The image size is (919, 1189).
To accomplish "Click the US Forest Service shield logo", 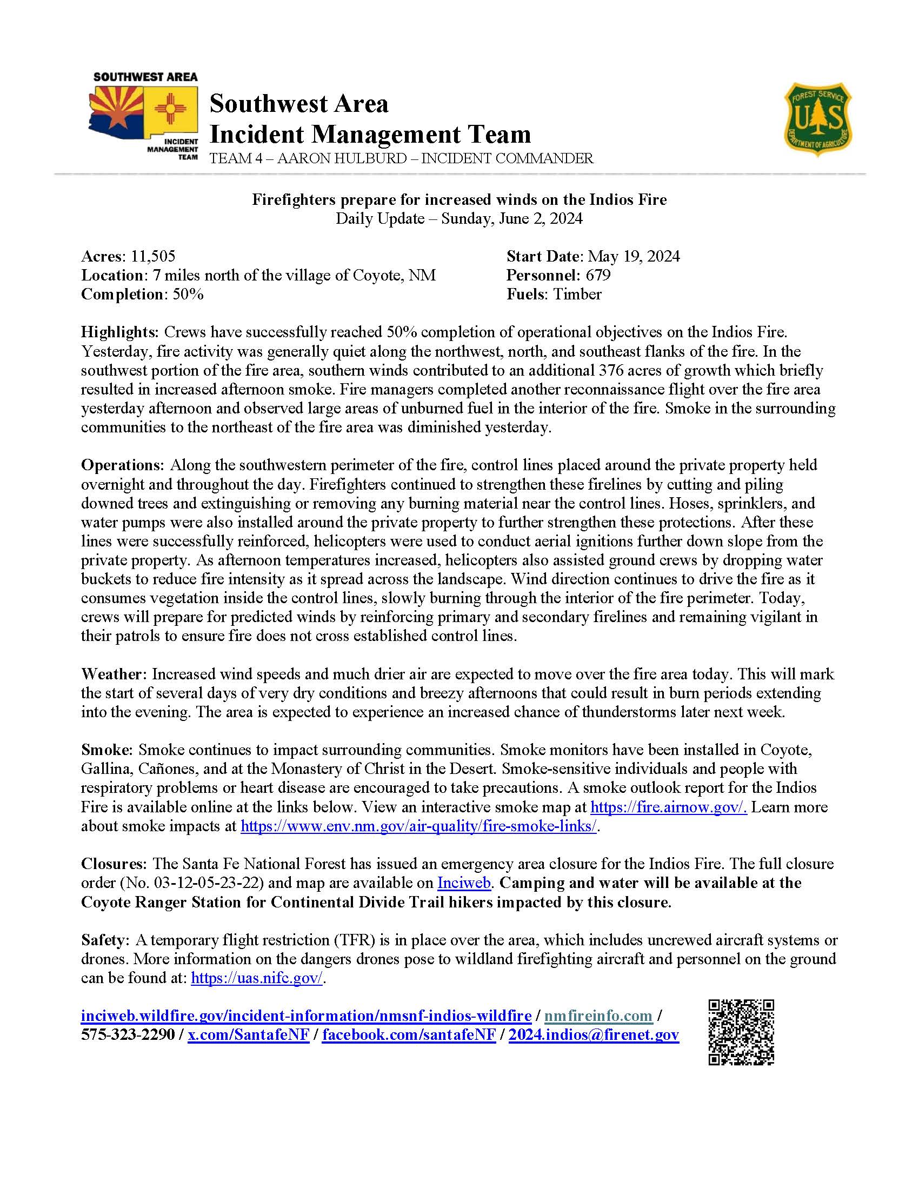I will [818, 119].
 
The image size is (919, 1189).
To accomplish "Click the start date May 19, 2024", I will [633, 256].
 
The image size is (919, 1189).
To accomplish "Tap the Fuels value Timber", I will [577, 295].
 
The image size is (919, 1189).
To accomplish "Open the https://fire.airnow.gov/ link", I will [668, 807].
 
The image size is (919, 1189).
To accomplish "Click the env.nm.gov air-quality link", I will [418, 826].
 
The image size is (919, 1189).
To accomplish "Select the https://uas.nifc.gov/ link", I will [257, 978].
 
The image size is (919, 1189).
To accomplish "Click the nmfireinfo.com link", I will [598, 1016].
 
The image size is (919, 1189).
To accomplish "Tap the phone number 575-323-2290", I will [128, 1035].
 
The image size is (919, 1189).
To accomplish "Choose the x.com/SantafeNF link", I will [248, 1035].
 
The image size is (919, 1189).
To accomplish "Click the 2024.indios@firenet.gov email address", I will [594, 1035].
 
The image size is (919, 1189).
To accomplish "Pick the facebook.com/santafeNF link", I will [409, 1035].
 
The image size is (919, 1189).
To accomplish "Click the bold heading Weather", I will [112, 674].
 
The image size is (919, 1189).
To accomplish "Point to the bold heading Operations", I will [122, 465].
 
